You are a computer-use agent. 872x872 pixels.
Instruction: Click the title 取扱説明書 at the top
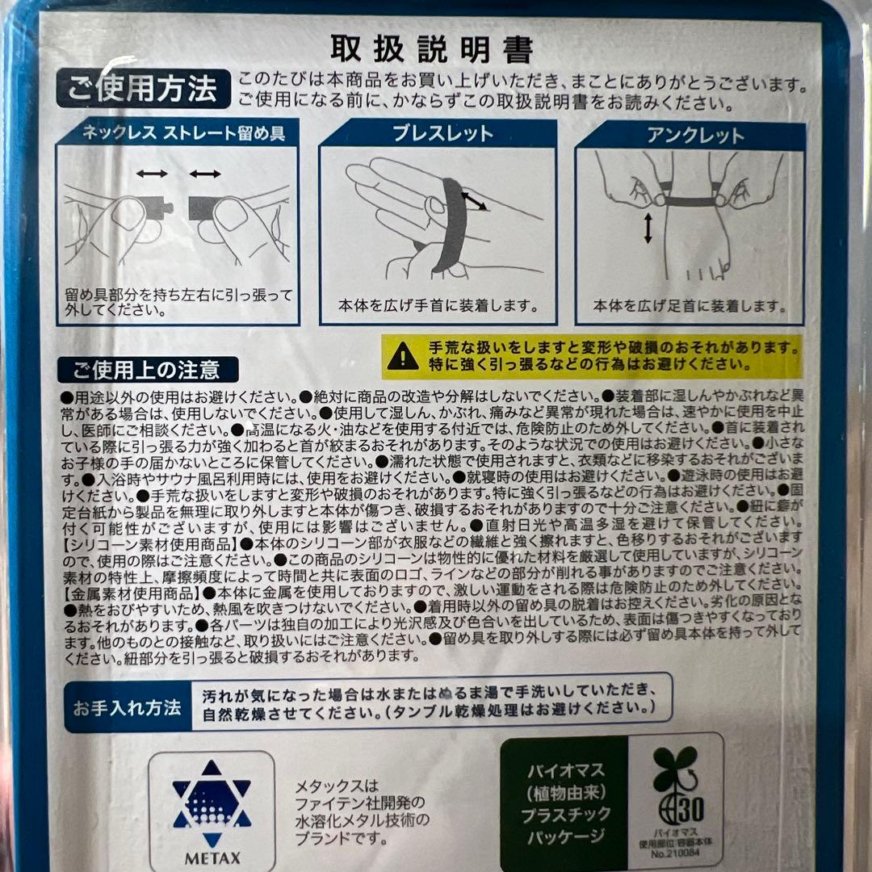[x=432, y=50]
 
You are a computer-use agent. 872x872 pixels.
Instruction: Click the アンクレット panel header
[x=690, y=136]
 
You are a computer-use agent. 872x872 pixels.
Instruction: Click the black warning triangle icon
[x=403, y=356]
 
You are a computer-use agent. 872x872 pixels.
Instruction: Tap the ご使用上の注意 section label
[x=148, y=370]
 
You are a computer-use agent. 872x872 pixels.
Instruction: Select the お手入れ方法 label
[x=127, y=709]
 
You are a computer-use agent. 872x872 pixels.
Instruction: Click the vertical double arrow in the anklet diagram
[x=648, y=229]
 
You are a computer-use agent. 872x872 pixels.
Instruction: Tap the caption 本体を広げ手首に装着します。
[x=437, y=306]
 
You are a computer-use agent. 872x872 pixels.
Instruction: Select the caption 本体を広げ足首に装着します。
[x=690, y=306]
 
